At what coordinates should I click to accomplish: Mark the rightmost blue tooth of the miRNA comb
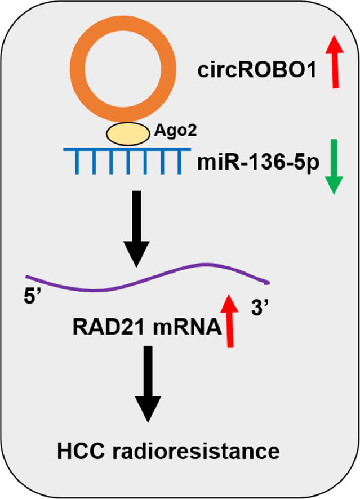click(179, 162)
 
